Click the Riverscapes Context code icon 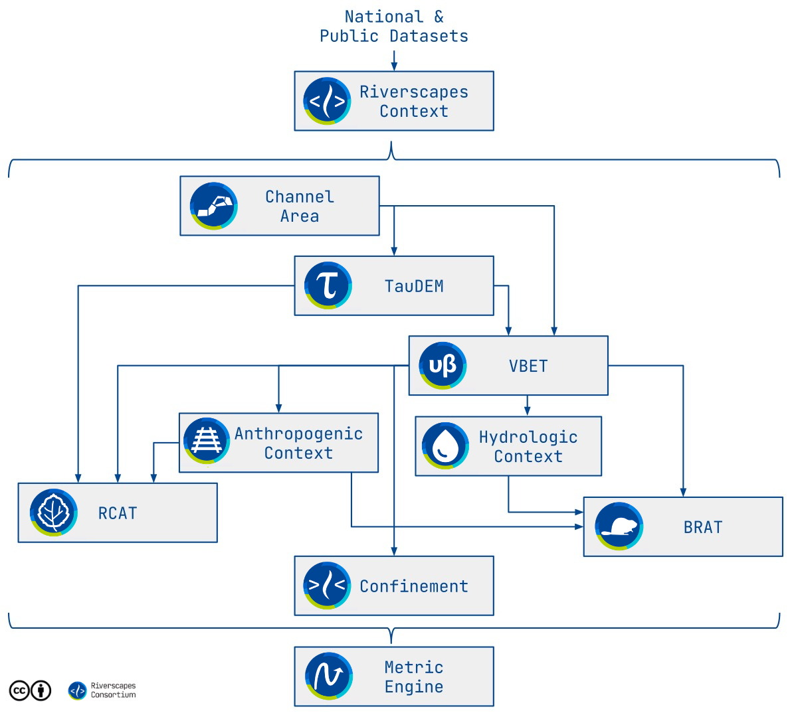(327, 101)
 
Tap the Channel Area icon (213, 206)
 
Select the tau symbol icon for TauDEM (328, 285)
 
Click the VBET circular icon (443, 366)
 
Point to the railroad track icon (206, 441)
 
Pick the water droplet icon (445, 445)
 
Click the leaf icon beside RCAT (53, 513)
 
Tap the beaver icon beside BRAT (619, 526)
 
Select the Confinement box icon (327, 586)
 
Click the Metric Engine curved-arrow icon (328, 677)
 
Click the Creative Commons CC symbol (19, 691)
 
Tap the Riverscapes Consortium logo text (113, 690)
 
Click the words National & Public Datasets (393, 27)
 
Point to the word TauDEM (414, 286)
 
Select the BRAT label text (703, 527)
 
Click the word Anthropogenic (298, 434)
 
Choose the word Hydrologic (528, 437)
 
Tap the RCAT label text (118, 513)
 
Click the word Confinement (414, 586)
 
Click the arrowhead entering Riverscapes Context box (394, 66)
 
